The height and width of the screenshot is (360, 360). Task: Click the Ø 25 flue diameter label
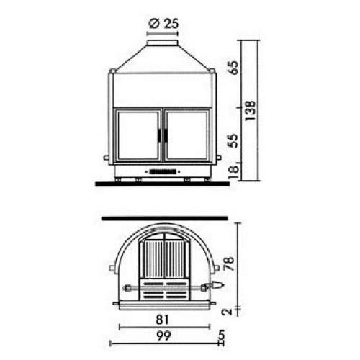(x=163, y=24)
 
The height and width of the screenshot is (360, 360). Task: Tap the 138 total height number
(x=251, y=111)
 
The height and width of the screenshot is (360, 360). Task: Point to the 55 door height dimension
(x=233, y=140)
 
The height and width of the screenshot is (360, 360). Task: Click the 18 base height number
(x=233, y=171)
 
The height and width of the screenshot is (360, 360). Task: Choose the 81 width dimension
(x=162, y=320)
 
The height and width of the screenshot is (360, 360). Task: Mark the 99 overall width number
(x=164, y=336)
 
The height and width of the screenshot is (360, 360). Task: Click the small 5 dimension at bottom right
(x=222, y=334)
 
